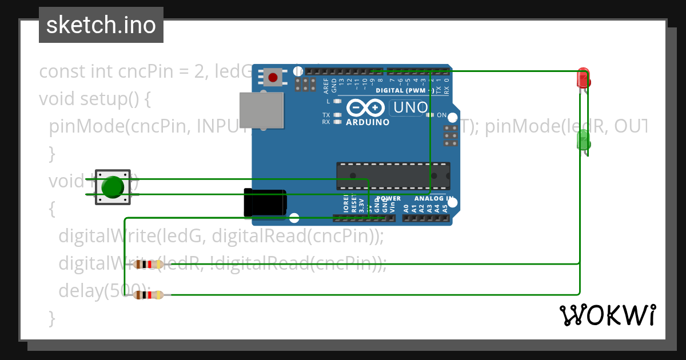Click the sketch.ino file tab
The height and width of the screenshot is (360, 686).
click(101, 25)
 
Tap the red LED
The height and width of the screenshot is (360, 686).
click(583, 78)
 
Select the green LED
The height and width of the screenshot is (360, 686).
click(583, 139)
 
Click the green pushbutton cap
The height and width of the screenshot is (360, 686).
click(113, 187)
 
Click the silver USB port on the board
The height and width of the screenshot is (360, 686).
click(261, 110)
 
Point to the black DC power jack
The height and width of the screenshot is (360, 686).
click(265, 202)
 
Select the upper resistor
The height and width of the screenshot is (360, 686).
click(148, 264)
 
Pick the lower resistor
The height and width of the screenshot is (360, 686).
click(148, 295)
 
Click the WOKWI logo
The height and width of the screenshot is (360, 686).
click(607, 315)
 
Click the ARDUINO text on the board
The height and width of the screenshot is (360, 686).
click(368, 122)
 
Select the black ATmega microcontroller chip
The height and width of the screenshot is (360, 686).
click(393, 176)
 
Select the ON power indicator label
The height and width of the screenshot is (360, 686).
click(441, 115)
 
